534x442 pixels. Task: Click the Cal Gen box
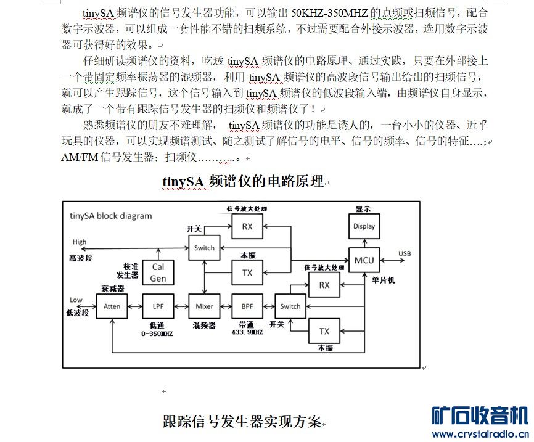(158, 272)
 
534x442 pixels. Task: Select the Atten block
(112, 306)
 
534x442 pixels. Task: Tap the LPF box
(158, 306)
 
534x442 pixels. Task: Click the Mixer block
(204, 306)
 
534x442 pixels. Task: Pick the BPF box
(247, 306)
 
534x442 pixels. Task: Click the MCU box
(364, 260)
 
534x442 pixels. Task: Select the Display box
(364, 226)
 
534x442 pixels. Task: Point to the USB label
(405, 254)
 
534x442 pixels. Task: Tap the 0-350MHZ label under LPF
(158, 334)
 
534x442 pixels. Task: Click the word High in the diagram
(80, 242)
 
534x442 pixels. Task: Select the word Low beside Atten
(76, 300)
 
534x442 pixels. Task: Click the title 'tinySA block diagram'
(110, 216)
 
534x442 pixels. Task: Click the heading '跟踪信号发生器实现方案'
(242, 422)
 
